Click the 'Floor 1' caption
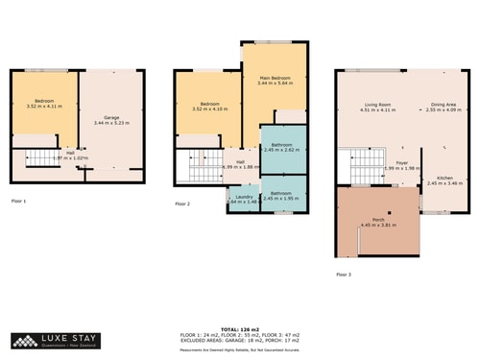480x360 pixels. click(x=19, y=202)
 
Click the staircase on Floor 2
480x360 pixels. click(x=203, y=171)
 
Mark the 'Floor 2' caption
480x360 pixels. click(x=182, y=204)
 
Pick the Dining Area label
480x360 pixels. click(x=444, y=105)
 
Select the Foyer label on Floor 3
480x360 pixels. click(x=403, y=163)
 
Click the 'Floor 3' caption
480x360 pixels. click(x=344, y=275)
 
